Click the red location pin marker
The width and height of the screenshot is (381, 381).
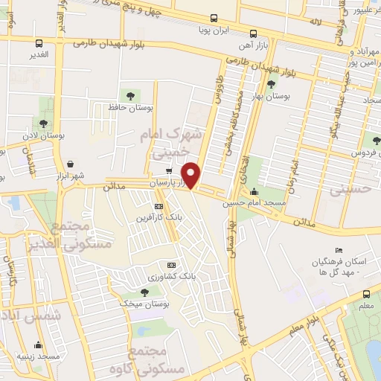192,174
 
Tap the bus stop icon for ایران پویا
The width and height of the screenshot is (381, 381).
215,18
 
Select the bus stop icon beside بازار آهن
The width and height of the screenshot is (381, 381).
253,33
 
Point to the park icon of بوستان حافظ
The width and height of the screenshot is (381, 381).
130,96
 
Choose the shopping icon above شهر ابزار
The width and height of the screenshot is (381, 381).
69,164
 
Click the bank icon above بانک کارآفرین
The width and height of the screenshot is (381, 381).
158,206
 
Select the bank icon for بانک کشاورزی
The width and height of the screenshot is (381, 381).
171,265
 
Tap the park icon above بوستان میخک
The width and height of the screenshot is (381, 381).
144,292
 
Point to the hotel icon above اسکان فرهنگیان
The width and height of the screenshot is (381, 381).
339,250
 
